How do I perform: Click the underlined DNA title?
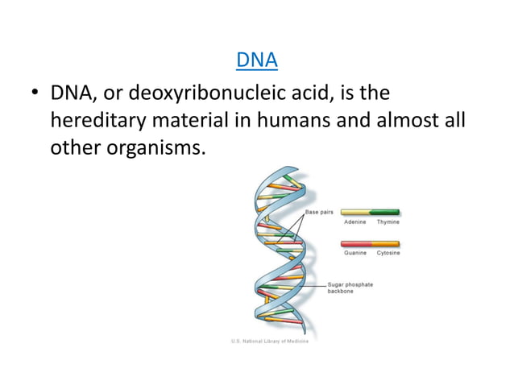(x=256, y=60)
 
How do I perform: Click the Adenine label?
(x=355, y=221)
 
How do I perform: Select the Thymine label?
(x=388, y=221)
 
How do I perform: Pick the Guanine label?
(x=355, y=253)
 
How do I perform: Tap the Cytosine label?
(x=388, y=253)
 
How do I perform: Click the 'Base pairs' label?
(x=320, y=211)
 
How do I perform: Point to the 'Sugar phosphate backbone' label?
(x=350, y=288)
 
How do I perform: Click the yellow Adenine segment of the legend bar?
(x=355, y=213)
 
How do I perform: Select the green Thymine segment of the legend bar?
(x=386, y=213)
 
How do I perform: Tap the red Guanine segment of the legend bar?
(x=355, y=243)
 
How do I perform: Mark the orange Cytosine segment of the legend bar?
(x=386, y=243)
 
